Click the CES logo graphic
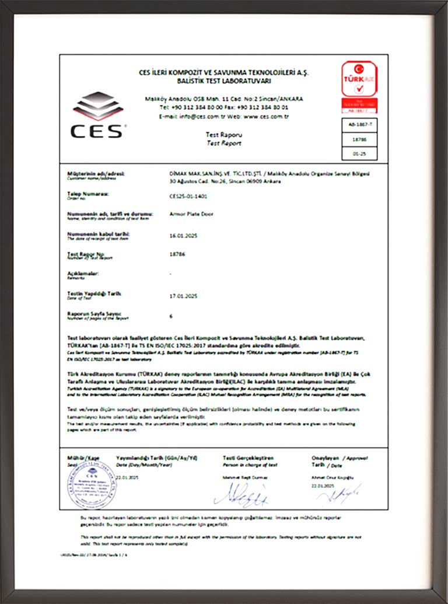98,114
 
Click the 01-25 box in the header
359,153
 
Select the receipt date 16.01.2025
182,235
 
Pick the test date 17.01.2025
182,296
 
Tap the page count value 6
170,316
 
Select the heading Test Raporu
219,134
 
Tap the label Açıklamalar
83,273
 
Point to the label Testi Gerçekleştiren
248,458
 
